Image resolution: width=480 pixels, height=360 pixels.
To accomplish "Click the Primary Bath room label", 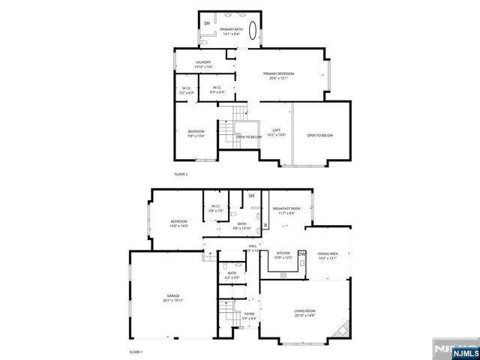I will [230, 31].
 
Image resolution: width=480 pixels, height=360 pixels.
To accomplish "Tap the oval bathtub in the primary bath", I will [253, 31].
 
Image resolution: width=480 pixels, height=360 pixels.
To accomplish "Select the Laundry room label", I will [202, 64].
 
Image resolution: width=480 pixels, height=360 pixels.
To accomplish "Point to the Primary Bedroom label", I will [278, 75].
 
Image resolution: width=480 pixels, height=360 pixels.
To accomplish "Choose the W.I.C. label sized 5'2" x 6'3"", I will [187, 90].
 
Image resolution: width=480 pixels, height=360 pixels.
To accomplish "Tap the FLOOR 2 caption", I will [181, 174].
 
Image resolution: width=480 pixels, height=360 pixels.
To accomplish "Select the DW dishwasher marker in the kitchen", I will [302, 254].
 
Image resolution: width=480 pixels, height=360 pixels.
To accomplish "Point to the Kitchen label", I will [283, 256].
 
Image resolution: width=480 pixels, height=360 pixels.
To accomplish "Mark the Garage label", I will [173, 298].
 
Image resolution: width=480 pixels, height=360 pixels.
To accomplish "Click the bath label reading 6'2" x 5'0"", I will [232, 275].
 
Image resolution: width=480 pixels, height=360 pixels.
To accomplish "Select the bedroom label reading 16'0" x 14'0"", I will [178, 223].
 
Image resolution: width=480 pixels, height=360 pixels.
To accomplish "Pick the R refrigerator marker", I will [266, 225].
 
